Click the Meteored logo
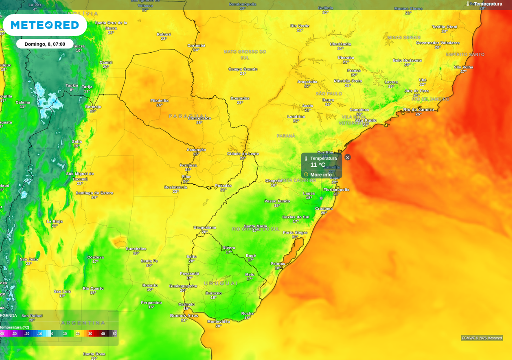(x=45, y=25)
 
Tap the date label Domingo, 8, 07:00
(x=45, y=44)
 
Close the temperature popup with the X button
(x=348, y=157)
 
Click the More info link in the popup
(x=321, y=175)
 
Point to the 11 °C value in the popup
(x=318, y=165)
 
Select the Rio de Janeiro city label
(x=418, y=109)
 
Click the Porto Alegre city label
(x=295, y=232)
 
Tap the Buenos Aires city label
(x=184, y=315)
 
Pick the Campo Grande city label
(x=243, y=69)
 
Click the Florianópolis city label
(x=336, y=190)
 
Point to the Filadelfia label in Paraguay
(x=159, y=100)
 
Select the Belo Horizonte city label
(x=407, y=60)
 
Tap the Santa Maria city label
(x=255, y=226)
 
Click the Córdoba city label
(x=95, y=257)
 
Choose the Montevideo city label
(x=218, y=321)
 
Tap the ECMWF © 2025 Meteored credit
(x=482, y=338)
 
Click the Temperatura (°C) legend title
(x=15, y=327)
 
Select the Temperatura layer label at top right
(x=488, y=4)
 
